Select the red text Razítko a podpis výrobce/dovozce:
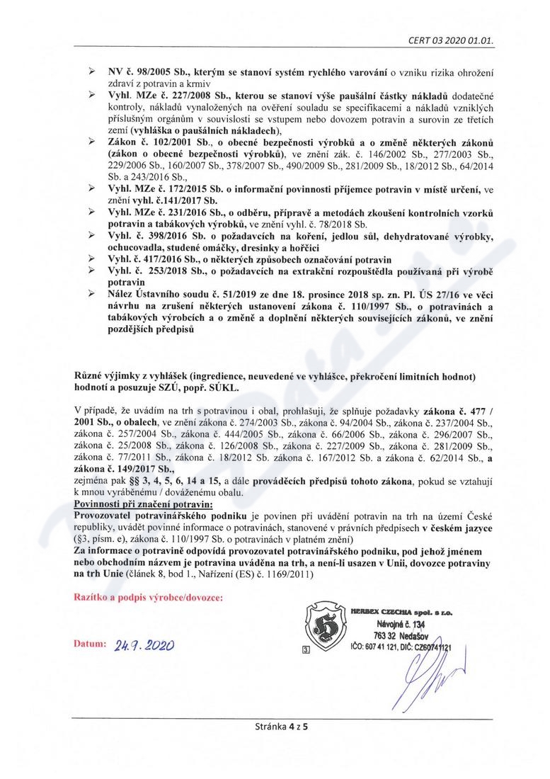pyautogui.click(x=148, y=598)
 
